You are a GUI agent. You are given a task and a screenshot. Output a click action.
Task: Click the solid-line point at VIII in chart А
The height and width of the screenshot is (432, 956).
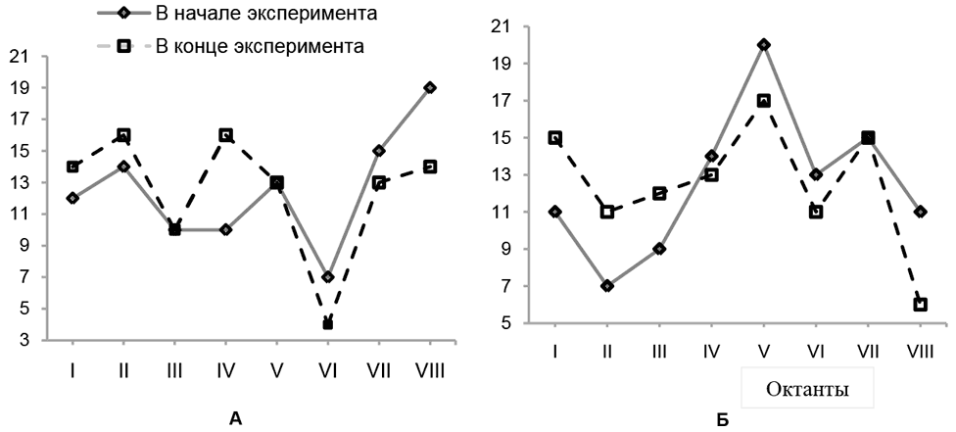pyautogui.click(x=430, y=88)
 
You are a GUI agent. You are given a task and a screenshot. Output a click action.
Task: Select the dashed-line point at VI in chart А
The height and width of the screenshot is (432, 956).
pyautogui.click(x=328, y=323)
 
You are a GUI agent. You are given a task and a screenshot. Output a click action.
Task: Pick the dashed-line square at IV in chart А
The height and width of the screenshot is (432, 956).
pyautogui.click(x=226, y=135)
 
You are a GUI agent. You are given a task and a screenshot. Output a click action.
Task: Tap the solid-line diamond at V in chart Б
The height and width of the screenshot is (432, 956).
pyautogui.click(x=764, y=45)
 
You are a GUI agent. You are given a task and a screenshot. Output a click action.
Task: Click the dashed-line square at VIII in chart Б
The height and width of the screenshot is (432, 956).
pyautogui.click(x=921, y=305)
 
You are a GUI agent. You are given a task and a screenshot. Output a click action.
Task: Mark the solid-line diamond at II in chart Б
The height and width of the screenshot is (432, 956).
pyautogui.click(x=607, y=286)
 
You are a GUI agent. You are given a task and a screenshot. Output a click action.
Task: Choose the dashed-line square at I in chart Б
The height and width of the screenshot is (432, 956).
pyautogui.click(x=555, y=138)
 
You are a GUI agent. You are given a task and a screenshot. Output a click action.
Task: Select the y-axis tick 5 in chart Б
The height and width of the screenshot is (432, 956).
pyautogui.click(x=514, y=323)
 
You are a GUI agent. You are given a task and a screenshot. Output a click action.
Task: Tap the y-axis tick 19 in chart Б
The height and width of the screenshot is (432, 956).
pyautogui.click(x=510, y=64)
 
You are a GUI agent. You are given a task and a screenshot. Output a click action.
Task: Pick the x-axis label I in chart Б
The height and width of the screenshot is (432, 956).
pyautogui.click(x=555, y=350)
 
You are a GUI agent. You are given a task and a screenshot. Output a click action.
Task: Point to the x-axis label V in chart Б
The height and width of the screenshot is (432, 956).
pyautogui.click(x=764, y=350)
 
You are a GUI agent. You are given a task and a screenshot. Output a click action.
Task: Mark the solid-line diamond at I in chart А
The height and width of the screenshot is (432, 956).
pyautogui.click(x=72, y=198)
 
